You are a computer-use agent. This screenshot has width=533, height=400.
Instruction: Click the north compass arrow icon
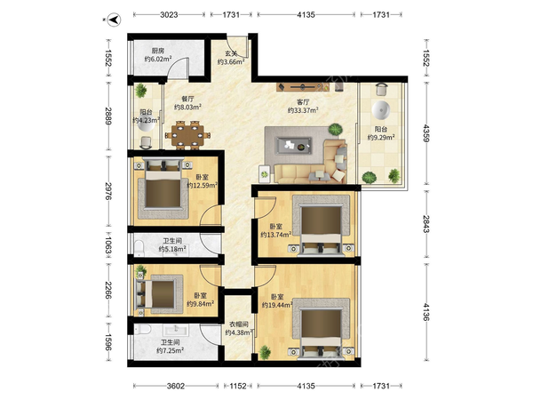(x=115, y=20)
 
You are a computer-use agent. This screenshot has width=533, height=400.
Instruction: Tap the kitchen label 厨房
(x=158, y=51)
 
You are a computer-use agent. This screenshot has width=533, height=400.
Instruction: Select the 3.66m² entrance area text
(x=231, y=62)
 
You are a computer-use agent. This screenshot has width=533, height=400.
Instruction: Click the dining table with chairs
(x=187, y=135)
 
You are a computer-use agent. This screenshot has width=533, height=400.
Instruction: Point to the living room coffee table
(x=294, y=146)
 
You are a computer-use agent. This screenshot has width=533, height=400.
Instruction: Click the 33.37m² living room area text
(x=303, y=110)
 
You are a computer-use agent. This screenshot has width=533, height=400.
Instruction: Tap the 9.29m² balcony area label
(x=381, y=138)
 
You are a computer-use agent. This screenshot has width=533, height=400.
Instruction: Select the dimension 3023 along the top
(x=169, y=14)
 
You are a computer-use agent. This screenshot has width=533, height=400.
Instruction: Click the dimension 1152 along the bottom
(x=238, y=386)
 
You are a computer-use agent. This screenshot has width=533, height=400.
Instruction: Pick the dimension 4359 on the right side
(x=426, y=133)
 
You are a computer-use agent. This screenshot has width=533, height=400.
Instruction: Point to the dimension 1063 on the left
(x=108, y=245)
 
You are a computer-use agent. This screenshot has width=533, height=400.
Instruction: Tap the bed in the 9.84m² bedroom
(x=159, y=294)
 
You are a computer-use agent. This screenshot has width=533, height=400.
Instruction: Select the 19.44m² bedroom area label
(x=277, y=305)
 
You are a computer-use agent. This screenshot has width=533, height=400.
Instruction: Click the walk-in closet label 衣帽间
(x=237, y=324)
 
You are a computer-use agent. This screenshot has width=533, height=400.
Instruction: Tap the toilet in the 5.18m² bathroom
(x=139, y=249)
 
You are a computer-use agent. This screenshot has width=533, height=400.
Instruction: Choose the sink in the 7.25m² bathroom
(x=176, y=329)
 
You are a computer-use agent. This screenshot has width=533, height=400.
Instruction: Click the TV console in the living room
(x=299, y=87)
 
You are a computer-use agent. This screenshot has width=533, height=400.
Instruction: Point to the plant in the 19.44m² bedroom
(x=265, y=352)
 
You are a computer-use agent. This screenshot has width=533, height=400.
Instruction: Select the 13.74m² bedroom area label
(x=275, y=235)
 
